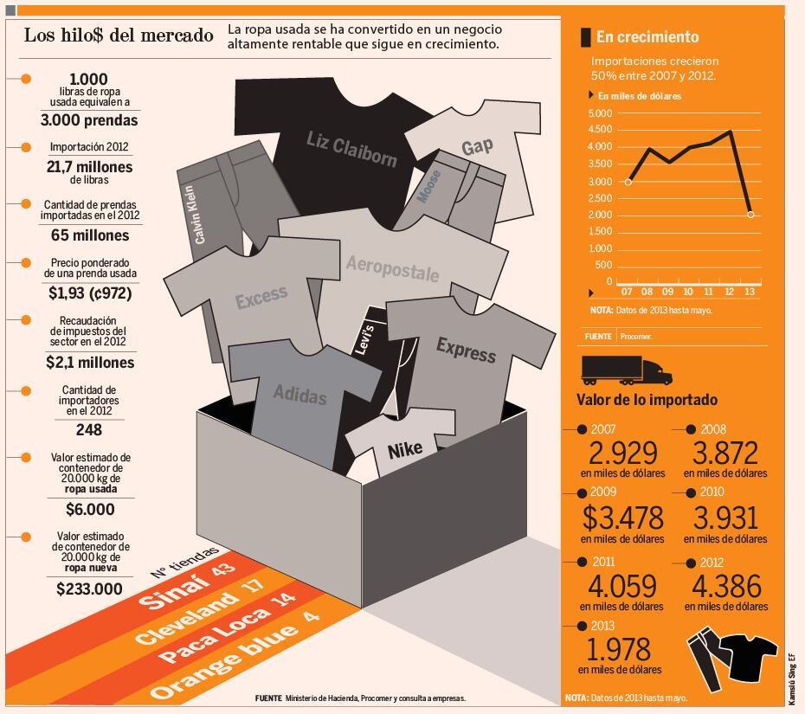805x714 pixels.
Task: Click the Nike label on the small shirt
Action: (405, 451)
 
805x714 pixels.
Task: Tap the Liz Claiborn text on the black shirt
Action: (351, 148)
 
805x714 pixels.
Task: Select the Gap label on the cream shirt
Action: (476, 147)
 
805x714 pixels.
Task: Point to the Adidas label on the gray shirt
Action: (300, 394)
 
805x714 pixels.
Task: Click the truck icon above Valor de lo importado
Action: (627, 370)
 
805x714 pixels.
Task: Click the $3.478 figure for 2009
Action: (622, 518)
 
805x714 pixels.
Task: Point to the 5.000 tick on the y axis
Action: (599, 113)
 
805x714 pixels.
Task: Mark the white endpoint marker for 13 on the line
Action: (750, 214)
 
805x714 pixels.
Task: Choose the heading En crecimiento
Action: (647, 36)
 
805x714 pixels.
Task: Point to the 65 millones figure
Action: (90, 235)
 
